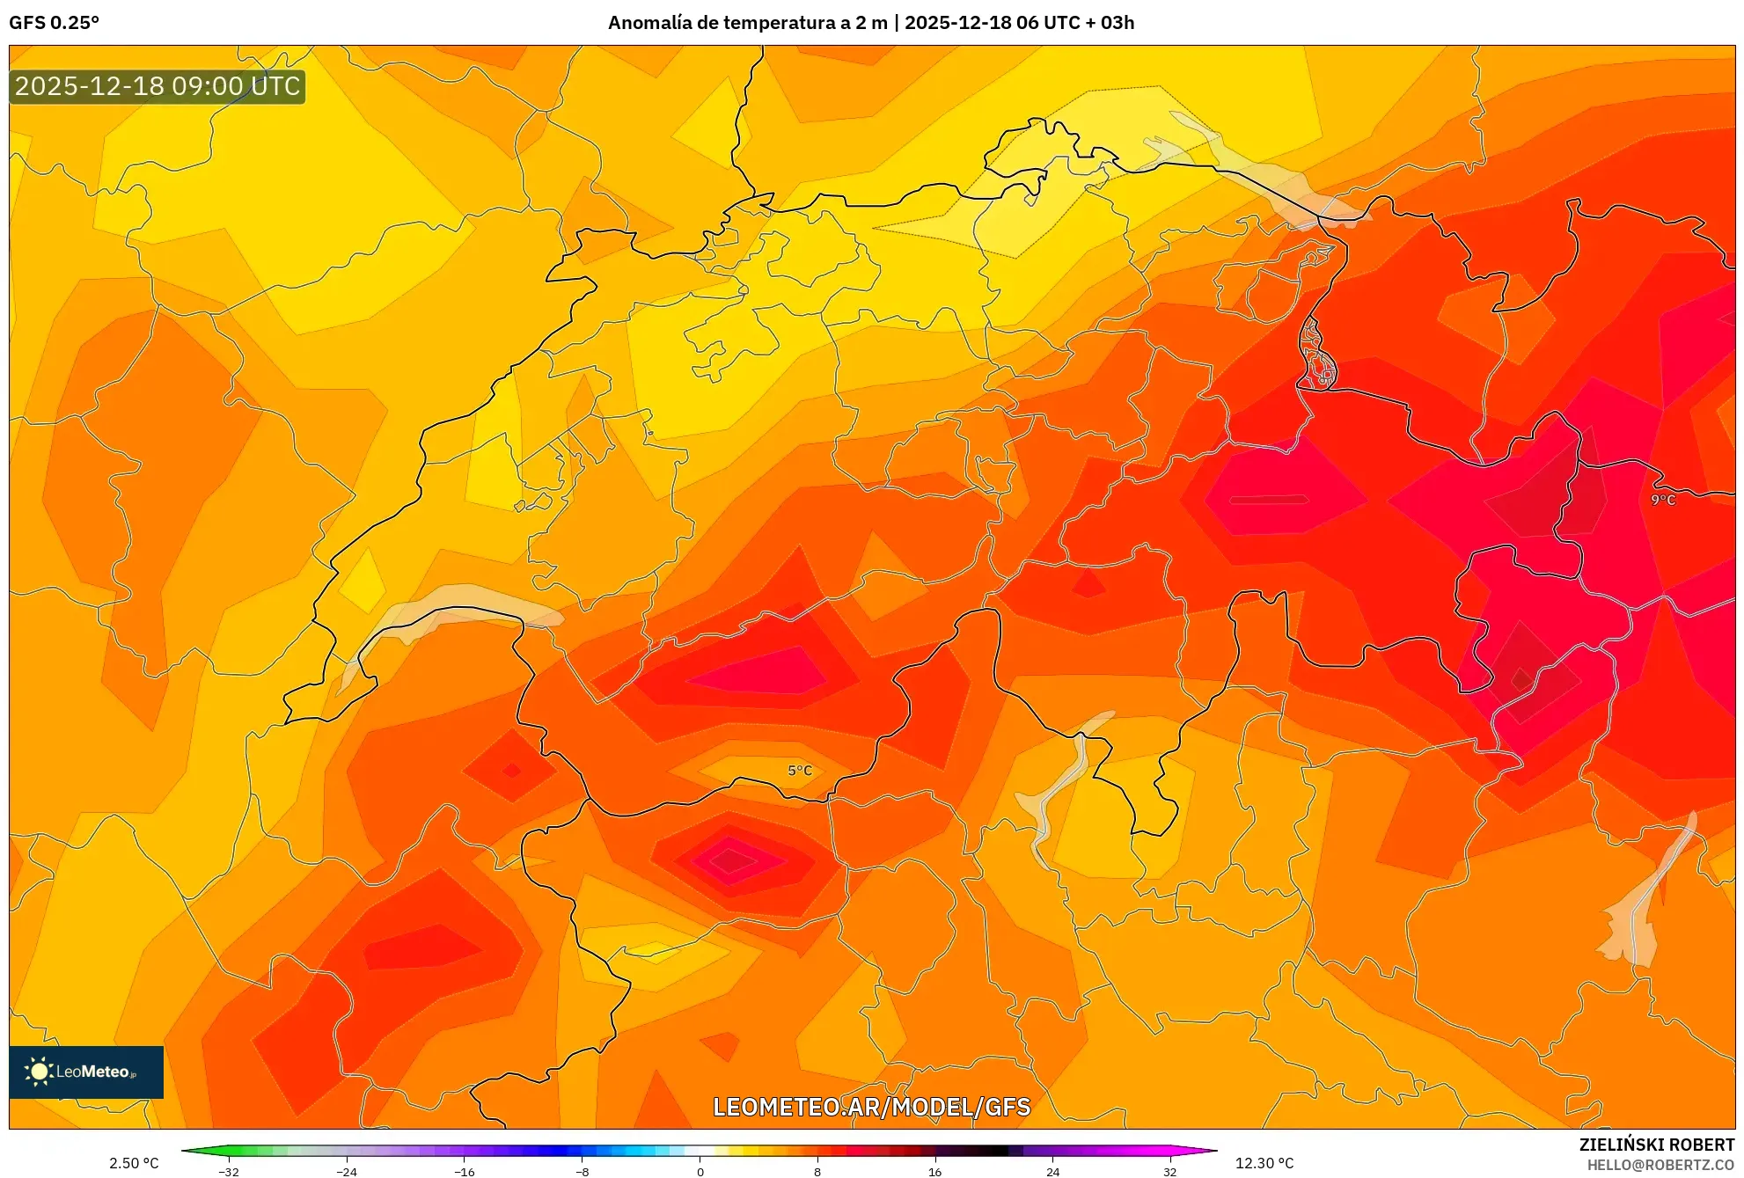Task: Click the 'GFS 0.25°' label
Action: pos(55,23)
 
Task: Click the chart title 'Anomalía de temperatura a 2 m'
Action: pos(747,23)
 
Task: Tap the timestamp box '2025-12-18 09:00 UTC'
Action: pos(158,86)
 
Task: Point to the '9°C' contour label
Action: pos(1663,500)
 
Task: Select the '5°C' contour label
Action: pos(800,771)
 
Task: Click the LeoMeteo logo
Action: pos(86,1072)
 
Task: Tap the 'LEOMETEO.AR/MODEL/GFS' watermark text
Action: pos(871,1107)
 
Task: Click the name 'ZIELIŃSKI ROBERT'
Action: pos(1657,1145)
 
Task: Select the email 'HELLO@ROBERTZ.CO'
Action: pos(1660,1165)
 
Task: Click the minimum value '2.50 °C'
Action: pos(134,1163)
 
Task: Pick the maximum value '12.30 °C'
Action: pos(1264,1163)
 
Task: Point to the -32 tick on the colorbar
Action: pos(229,1172)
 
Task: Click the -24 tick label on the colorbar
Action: pos(347,1172)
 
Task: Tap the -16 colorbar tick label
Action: pos(465,1172)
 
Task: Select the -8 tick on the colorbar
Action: pos(583,1172)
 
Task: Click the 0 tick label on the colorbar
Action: pos(700,1172)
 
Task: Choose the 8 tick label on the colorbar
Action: pos(817,1172)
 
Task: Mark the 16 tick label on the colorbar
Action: pos(934,1172)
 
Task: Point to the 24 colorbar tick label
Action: pos(1052,1172)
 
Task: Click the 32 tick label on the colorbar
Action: pos(1169,1172)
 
